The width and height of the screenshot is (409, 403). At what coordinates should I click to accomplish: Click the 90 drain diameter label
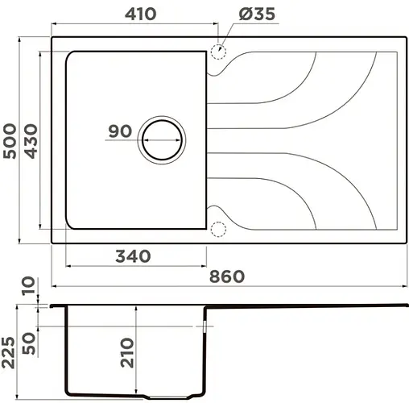[x=120, y=131]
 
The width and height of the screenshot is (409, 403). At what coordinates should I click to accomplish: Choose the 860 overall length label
[x=228, y=276]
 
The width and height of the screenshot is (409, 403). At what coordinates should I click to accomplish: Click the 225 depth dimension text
[x=10, y=348]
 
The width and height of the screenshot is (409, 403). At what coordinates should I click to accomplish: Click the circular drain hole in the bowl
[x=164, y=139]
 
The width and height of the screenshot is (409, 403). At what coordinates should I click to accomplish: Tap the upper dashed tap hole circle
[x=217, y=53]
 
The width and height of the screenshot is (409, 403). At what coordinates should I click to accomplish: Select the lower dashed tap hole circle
[x=217, y=230]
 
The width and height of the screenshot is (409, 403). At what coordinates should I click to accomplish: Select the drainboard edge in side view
[x=306, y=306]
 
